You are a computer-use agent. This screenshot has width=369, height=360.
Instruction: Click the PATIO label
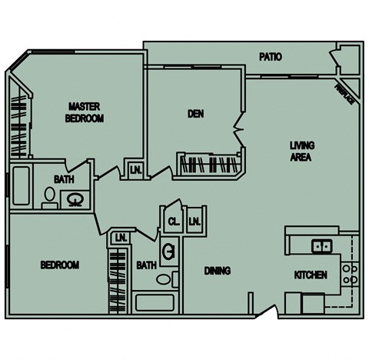pos(270,57)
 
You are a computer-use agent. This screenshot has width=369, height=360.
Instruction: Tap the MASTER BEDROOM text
pos(85,112)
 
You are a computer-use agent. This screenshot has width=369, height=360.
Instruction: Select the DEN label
pos(195,114)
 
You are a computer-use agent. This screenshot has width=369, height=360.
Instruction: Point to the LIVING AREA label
pos(302,151)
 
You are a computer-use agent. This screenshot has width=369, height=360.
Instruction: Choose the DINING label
pos(218,271)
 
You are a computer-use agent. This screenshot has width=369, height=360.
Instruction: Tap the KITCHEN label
pos(311,275)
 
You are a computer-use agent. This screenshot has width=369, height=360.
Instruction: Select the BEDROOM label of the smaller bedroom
pos(59,265)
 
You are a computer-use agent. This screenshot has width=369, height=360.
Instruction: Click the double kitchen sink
pos(321,246)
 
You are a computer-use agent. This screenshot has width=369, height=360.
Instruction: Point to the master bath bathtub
pos(21,186)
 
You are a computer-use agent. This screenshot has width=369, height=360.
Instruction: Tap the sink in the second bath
pos(168,252)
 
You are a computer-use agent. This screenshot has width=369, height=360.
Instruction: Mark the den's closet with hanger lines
pos(209,163)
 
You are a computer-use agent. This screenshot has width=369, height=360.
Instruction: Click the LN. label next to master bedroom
pos(135,169)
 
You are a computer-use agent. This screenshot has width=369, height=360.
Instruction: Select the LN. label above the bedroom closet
pos(121,238)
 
